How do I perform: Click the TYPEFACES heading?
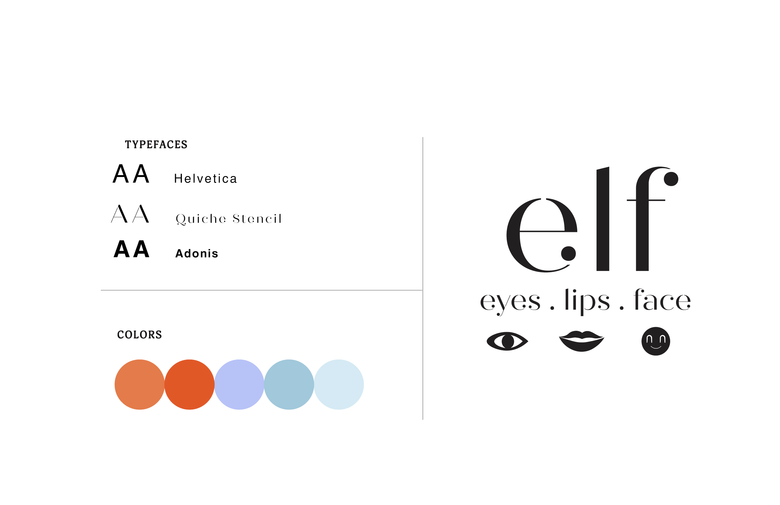coord(156,145)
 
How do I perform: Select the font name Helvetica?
coord(205,179)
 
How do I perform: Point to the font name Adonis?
coord(197,253)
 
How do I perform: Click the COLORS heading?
coord(139,335)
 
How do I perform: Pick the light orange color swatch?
coord(139,384)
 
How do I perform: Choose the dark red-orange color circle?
coord(189,384)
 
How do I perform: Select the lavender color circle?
coord(239,384)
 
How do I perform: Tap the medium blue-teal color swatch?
coord(289,384)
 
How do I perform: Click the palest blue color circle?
coord(339,384)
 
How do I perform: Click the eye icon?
coord(507,341)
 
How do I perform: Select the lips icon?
coord(581,341)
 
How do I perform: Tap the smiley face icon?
coord(656,341)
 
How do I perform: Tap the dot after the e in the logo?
coord(568,253)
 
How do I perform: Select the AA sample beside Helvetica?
coord(131,174)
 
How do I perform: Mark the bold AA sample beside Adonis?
coord(131,250)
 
